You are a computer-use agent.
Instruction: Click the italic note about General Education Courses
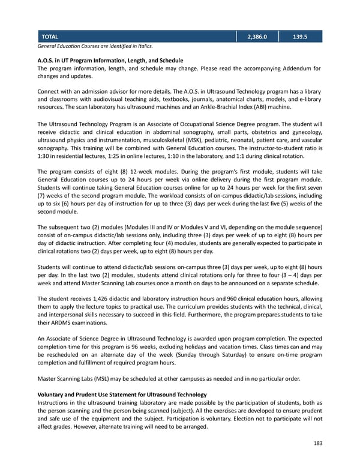click(95, 46)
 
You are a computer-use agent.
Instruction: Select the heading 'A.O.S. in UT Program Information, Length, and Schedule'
click(110, 61)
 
